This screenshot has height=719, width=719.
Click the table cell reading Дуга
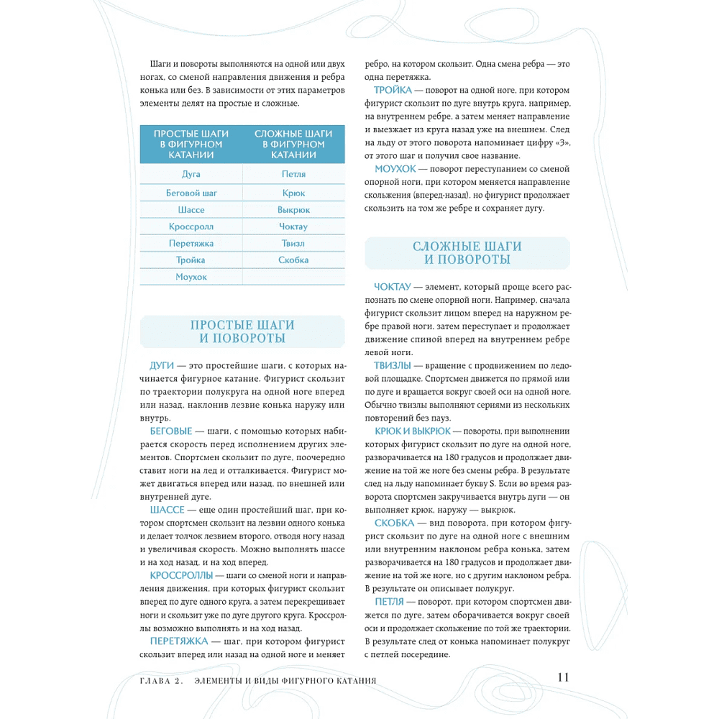(191, 174)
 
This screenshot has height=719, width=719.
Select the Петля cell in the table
(293, 174)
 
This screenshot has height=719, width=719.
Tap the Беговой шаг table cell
(191, 193)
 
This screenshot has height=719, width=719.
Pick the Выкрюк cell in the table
(293, 210)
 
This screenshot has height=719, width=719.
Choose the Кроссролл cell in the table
(191, 226)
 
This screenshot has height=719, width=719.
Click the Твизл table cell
(293, 243)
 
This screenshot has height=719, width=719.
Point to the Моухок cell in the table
(191, 277)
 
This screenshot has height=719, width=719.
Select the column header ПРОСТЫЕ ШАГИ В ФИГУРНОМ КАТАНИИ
(191, 144)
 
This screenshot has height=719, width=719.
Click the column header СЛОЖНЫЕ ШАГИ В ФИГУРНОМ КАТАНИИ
(293, 144)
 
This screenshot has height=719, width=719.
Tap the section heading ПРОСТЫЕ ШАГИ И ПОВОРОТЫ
(242, 331)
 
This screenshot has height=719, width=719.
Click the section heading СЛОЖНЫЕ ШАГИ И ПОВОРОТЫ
(467, 253)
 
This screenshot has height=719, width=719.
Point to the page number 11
(563, 677)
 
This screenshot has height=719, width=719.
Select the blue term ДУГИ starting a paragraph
(162, 365)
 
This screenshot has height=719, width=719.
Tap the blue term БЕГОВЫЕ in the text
(171, 431)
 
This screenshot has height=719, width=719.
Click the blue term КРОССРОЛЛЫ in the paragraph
(181, 575)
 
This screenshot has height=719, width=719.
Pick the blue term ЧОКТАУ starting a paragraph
(393, 287)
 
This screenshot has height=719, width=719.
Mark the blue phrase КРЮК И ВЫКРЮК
(413, 431)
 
